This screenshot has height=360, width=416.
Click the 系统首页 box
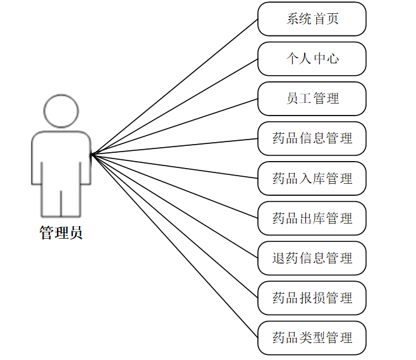[312, 19]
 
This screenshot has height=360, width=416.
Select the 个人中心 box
[312, 59]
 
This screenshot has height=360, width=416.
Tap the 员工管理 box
[312, 99]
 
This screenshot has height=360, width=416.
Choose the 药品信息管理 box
[312, 138]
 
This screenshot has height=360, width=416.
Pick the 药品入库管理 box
[312, 178]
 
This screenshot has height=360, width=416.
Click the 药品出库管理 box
[312, 218]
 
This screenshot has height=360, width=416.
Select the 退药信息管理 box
[312, 258]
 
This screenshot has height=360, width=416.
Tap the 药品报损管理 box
[312, 297]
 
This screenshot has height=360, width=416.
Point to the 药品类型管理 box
[312, 337]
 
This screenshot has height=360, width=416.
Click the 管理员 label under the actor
[61, 232]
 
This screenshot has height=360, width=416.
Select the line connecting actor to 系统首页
[174, 86]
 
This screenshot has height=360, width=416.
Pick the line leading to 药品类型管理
[174, 245]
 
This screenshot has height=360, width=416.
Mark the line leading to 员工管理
[174, 126]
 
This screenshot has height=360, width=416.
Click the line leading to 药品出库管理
[174, 186]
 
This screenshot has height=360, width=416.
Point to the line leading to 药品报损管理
[174, 225]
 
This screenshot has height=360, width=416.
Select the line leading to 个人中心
[174, 106]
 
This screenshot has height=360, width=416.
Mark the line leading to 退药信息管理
[174, 205]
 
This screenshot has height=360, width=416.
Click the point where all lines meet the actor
[91, 153]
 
